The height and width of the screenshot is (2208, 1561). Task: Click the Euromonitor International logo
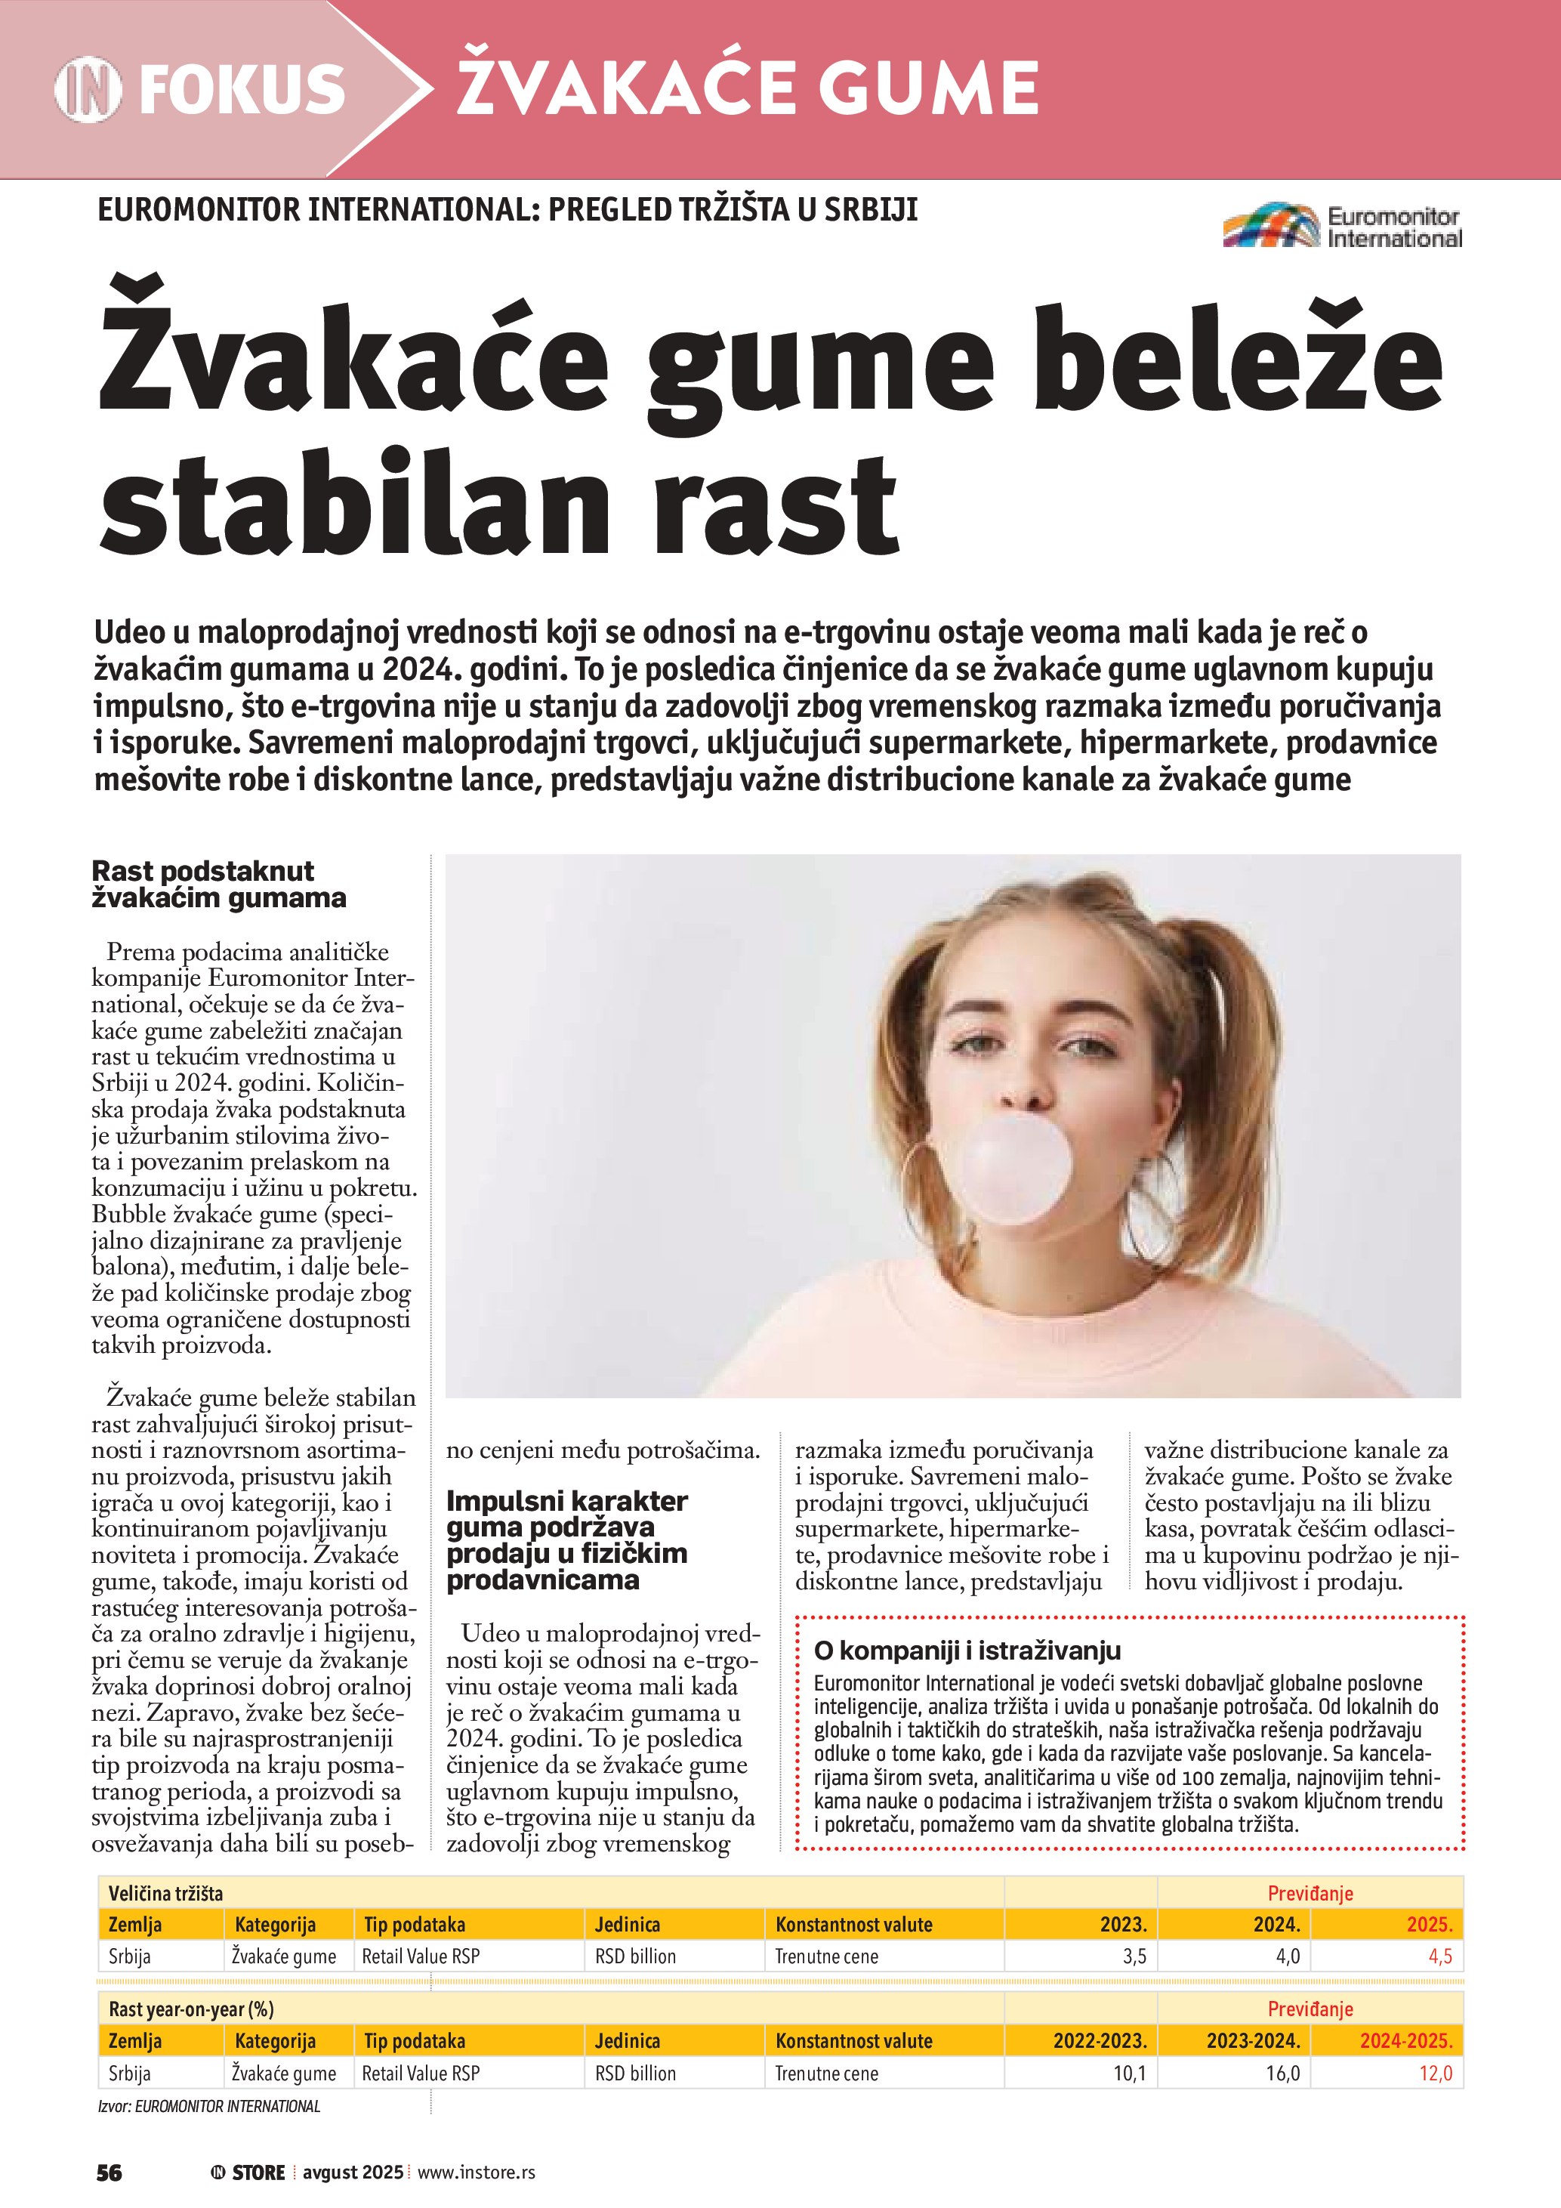coord(1342,227)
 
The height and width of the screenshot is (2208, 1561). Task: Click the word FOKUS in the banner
coord(242,89)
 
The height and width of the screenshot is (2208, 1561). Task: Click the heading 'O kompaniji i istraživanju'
coord(967,1651)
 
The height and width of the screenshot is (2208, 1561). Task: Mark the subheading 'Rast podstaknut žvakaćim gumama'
coord(218,884)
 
